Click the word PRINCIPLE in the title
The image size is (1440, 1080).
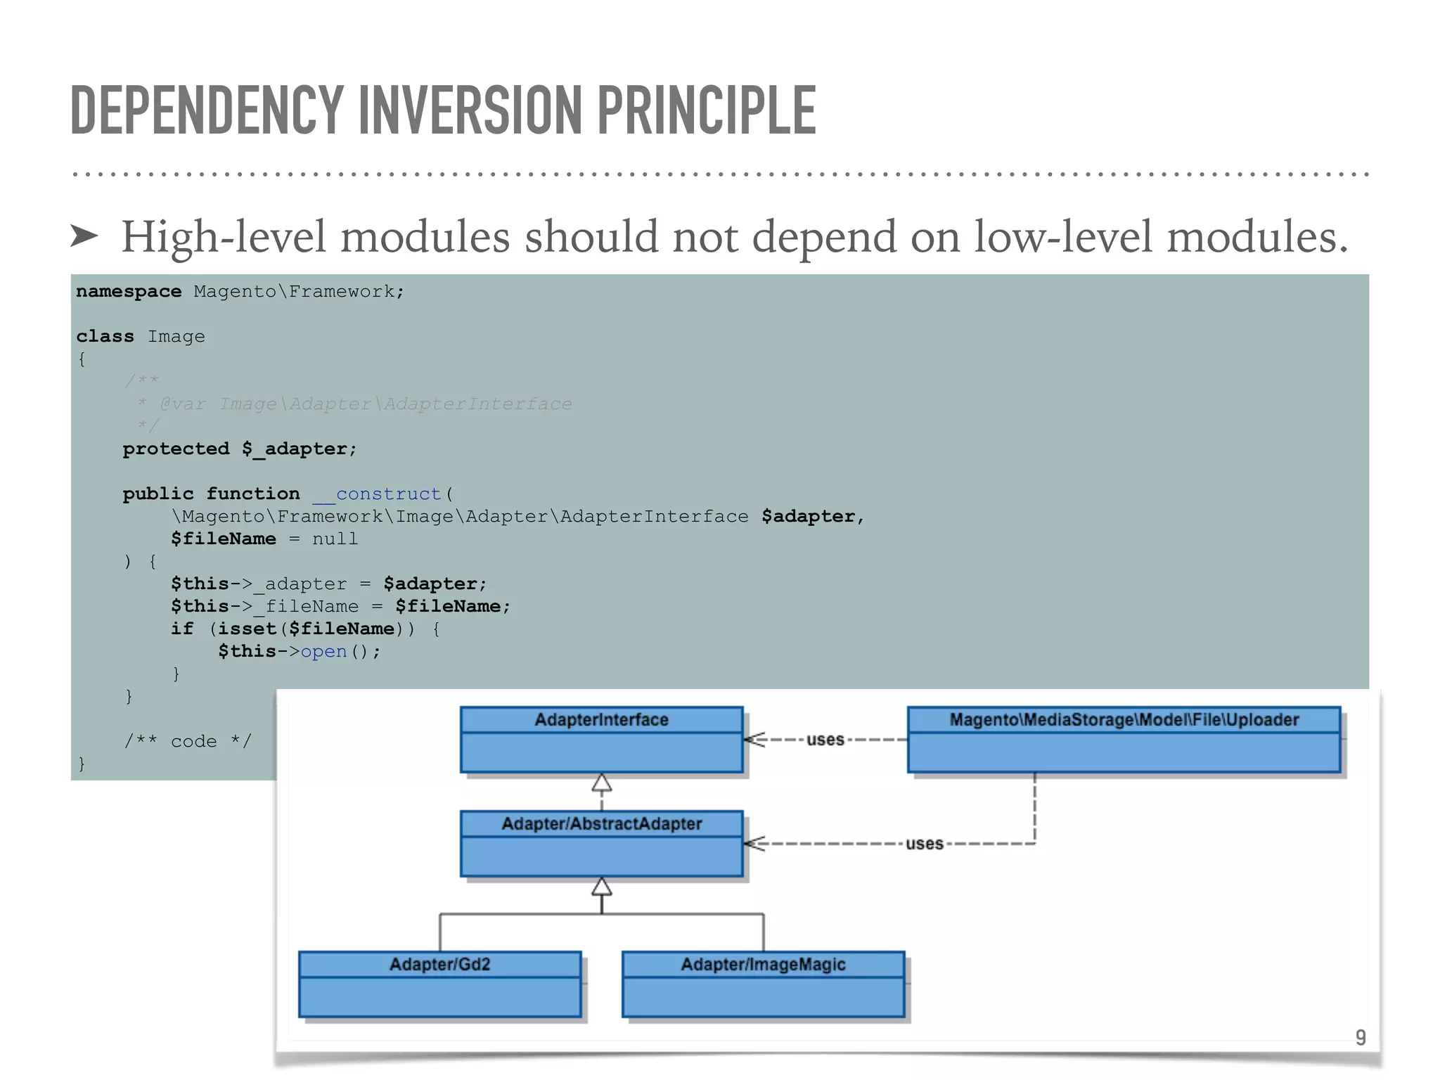coord(706,110)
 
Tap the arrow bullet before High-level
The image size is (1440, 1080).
coord(84,236)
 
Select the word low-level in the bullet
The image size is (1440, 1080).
coord(1063,236)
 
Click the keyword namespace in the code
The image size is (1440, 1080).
coord(129,292)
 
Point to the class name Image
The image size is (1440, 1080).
coord(176,337)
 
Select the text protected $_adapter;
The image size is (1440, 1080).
coord(239,449)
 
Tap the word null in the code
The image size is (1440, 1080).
coord(335,539)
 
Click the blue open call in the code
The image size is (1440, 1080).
coord(323,652)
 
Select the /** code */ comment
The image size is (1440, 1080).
coord(188,741)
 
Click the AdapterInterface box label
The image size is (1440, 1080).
coord(601,720)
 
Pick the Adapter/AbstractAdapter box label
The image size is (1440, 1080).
coord(601,824)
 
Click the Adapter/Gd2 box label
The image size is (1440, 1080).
coord(439,965)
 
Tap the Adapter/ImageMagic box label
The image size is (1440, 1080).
coord(763,965)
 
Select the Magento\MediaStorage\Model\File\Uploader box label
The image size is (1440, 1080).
coord(1124,720)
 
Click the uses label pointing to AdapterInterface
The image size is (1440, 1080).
coord(825,740)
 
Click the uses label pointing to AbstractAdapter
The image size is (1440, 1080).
coord(924,844)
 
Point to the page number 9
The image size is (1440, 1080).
coord(1361,1037)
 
